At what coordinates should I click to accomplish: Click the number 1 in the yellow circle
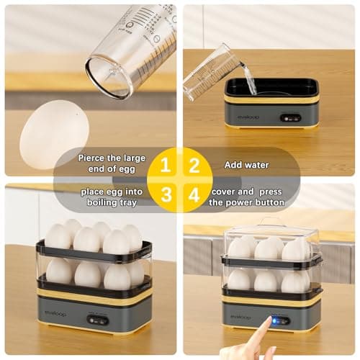pos(165,165)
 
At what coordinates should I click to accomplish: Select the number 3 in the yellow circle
pos(165,194)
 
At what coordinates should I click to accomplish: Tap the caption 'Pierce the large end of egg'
pos(112,164)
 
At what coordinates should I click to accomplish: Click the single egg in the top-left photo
pos(53,135)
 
